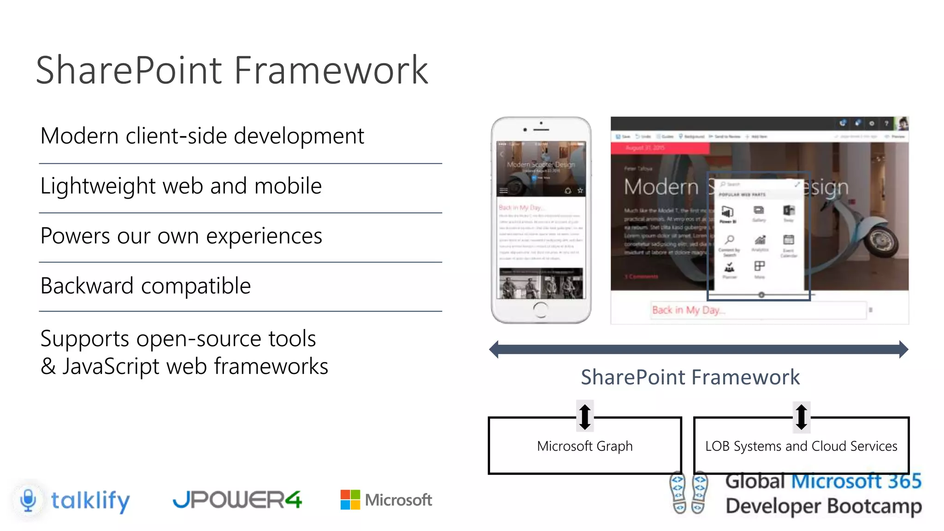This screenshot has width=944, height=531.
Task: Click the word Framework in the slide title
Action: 331,70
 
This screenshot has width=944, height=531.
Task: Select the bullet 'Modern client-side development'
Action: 202,136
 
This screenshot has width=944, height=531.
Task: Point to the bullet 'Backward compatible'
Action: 146,286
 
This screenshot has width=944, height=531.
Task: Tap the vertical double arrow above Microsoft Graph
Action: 585,417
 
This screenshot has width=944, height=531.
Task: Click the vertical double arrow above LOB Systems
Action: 802,417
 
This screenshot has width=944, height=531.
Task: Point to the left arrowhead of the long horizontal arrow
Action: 495,349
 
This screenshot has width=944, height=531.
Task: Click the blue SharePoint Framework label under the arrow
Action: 690,378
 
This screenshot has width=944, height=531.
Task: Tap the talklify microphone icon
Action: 29,500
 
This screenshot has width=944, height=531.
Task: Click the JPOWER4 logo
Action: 237,500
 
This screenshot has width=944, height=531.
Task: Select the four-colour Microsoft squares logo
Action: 350,500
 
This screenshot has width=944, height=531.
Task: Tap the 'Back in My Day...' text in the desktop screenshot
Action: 688,310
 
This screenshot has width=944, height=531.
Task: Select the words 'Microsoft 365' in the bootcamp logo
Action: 856,481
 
